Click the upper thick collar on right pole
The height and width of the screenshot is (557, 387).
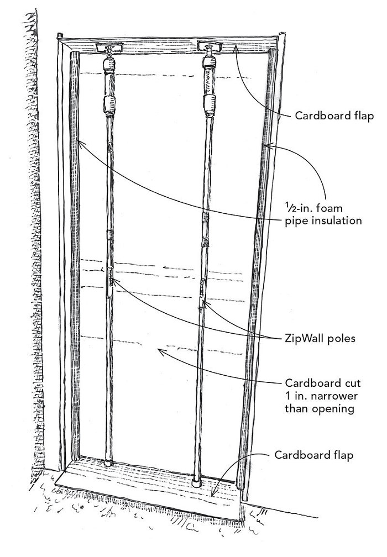(x=209, y=104)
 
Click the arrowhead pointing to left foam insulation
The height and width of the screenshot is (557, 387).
(x=81, y=141)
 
